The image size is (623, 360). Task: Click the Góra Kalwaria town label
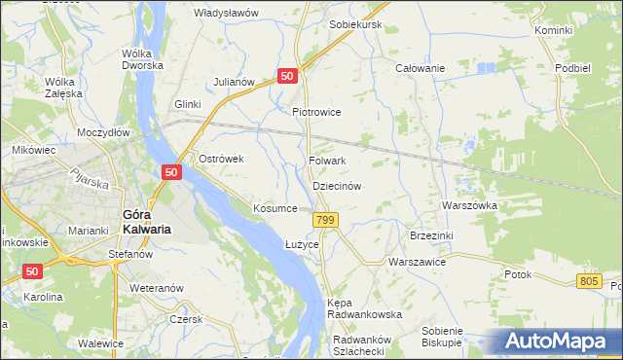(145, 222)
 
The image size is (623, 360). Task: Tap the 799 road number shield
(327, 223)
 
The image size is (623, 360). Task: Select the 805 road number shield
(587, 281)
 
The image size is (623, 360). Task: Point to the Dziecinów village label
(338, 186)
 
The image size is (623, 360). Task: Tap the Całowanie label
(420, 68)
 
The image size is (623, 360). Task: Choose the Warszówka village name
(469, 206)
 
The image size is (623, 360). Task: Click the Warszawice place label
(417, 263)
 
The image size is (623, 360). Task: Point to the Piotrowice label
(316, 112)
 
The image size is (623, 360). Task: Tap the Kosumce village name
(275, 209)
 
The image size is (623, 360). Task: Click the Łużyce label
(302, 244)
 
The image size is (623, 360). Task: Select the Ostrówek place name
(220, 159)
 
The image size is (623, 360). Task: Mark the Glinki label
(187, 104)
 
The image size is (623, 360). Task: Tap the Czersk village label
(184, 319)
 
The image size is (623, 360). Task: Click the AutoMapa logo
(562, 341)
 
